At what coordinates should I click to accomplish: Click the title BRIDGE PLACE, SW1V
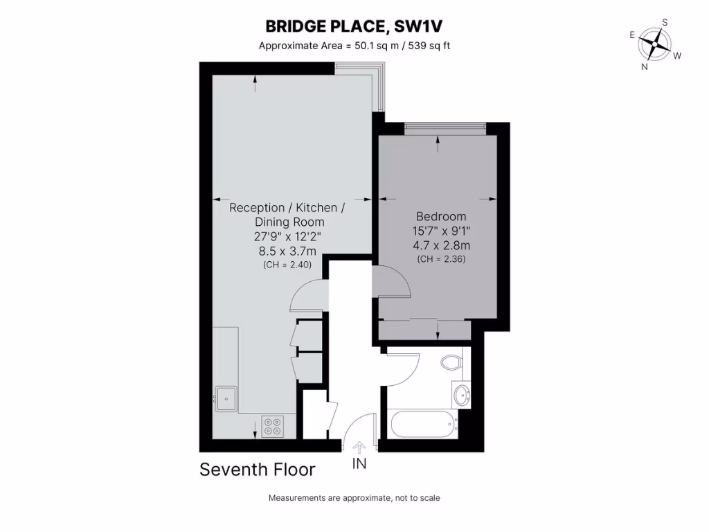coord(354,26)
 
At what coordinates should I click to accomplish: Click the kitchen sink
coord(226,398)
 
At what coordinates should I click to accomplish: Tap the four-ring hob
coord(272,426)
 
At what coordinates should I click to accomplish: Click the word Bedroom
coord(440,216)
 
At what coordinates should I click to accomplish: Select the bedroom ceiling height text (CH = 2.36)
coord(440,259)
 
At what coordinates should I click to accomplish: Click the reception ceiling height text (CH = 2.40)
coord(287,265)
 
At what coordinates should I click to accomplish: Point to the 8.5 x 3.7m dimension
coord(287,251)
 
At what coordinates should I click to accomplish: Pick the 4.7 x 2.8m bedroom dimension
coord(440,245)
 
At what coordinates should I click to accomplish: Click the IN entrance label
coord(359,464)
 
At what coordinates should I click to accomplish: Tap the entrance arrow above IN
coord(359,447)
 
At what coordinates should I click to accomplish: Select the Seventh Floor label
coord(258,470)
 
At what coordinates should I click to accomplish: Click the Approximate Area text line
coord(354,46)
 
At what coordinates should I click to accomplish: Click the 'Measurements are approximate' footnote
coord(354,498)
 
